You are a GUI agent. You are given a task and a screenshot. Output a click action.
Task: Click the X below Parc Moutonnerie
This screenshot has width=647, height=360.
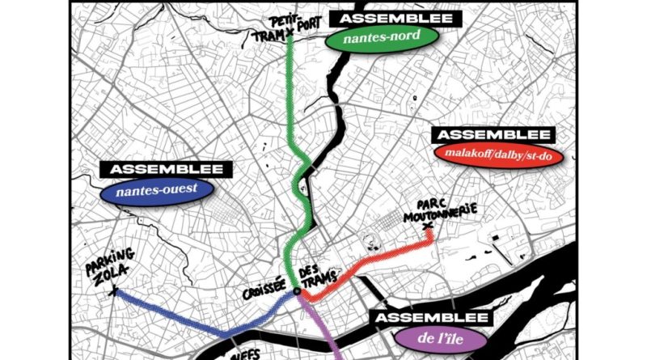[x=429, y=235]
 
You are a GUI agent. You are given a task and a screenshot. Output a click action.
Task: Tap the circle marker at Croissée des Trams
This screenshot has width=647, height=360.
[x=297, y=290]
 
